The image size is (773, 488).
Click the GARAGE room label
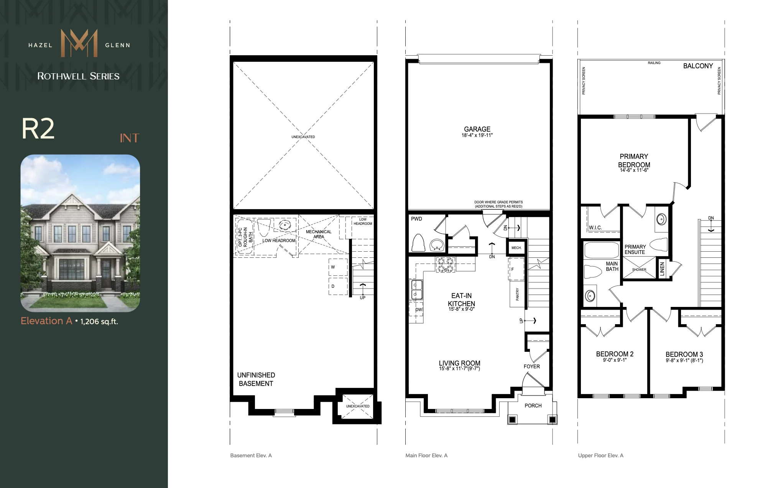(477, 129)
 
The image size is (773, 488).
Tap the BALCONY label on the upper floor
(698, 66)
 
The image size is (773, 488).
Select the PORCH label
(533, 406)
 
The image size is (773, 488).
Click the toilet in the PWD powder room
(418, 242)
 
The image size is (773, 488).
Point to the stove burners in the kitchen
(445, 265)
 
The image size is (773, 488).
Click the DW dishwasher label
(419, 310)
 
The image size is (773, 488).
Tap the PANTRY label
(517, 294)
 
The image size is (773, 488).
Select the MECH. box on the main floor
(516, 248)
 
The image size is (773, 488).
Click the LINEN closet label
(662, 269)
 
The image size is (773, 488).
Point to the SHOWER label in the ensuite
(639, 270)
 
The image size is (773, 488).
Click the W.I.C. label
(595, 228)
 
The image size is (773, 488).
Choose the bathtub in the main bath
(601, 250)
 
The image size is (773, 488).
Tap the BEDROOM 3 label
(684, 354)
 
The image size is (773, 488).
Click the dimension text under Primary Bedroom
(634, 170)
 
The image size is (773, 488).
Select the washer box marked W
(338, 267)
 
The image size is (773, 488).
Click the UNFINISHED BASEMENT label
(256, 379)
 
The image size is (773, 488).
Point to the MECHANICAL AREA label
(319, 234)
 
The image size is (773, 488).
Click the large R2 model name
(38, 129)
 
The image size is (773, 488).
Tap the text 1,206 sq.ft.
(99, 321)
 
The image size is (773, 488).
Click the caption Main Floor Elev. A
(426, 455)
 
